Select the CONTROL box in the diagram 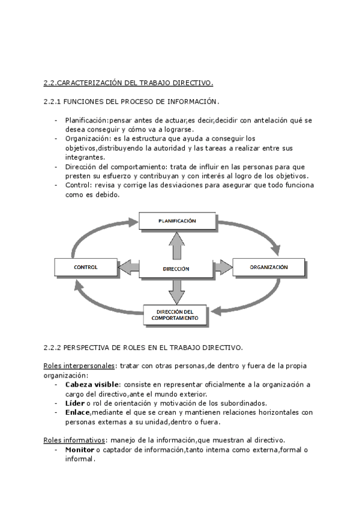coord(85,267)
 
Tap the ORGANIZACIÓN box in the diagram coord(269,267)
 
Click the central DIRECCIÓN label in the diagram coord(176,270)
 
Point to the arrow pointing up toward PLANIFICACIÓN coord(176,245)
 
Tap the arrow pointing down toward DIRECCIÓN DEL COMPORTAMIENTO coord(176,292)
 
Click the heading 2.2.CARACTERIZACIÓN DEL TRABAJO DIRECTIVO coord(128,82)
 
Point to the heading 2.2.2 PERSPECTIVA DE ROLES coord(143,347)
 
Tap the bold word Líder coord(75,403)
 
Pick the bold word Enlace coord(77,412)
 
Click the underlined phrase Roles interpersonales coord(80,366)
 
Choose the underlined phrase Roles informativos coord(76,440)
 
